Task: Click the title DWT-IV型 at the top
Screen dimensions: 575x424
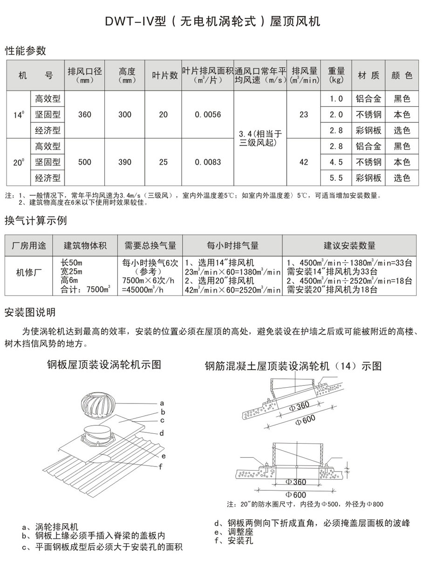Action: click(x=212, y=22)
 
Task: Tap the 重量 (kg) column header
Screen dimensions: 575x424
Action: click(x=336, y=75)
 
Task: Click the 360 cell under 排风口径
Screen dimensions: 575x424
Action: click(x=85, y=115)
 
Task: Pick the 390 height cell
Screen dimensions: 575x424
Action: click(x=125, y=162)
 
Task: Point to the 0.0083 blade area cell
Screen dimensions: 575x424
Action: click(x=208, y=162)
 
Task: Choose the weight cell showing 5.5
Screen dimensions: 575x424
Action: click(x=336, y=178)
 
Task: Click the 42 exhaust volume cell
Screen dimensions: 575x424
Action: click(x=304, y=162)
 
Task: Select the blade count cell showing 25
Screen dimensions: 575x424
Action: click(x=163, y=162)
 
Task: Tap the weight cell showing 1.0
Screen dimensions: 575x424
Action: click(x=336, y=99)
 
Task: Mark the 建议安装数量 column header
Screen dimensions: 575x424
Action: click(x=349, y=246)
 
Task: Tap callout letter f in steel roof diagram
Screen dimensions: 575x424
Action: click(x=161, y=466)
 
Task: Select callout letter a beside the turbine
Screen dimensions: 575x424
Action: click(x=162, y=402)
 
